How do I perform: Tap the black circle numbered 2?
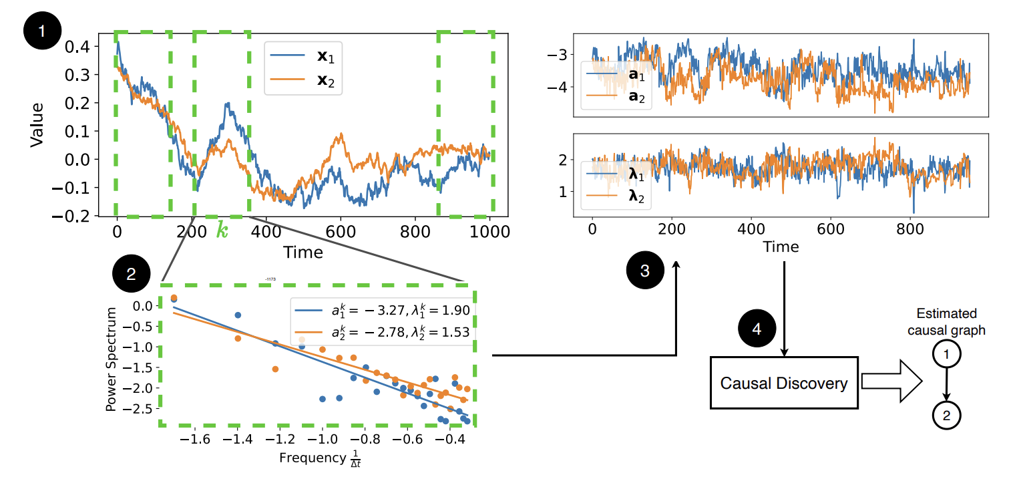pyautogui.click(x=130, y=273)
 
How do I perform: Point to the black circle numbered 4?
pyautogui.click(x=755, y=329)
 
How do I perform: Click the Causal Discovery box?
pyautogui.click(x=783, y=383)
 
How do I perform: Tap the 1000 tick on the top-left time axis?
pyautogui.click(x=490, y=232)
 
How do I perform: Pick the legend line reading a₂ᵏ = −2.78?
pyautogui.click(x=382, y=332)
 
